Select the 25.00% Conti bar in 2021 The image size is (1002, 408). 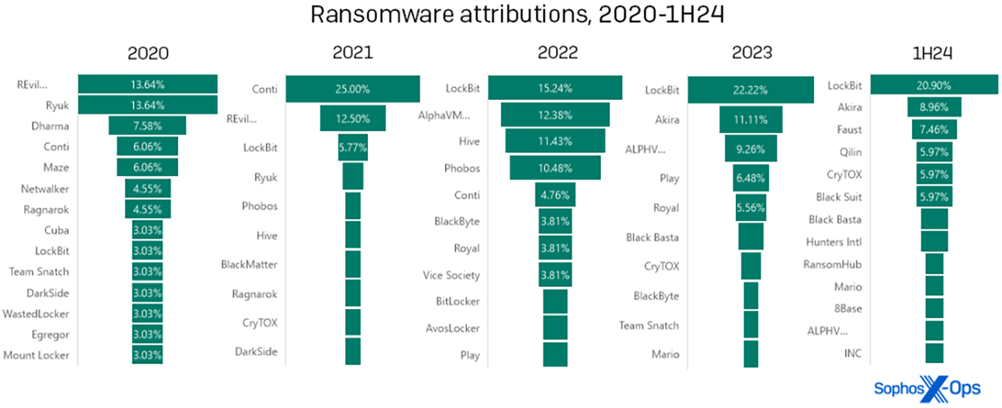(x=352, y=89)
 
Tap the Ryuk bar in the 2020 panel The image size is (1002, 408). (x=148, y=104)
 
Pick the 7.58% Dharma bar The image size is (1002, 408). (x=147, y=126)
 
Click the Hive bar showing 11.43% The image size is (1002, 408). (x=555, y=141)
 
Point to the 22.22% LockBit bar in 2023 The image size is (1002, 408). (x=751, y=89)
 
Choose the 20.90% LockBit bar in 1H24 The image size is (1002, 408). (x=934, y=85)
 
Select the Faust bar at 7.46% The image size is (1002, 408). (x=934, y=130)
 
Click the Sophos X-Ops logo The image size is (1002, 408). (x=927, y=388)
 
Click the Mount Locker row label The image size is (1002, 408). (x=36, y=355)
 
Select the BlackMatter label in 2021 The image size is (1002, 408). (x=249, y=264)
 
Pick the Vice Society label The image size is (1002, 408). (x=451, y=275)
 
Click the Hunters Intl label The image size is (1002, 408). (x=834, y=242)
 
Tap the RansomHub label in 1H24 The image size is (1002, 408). (x=832, y=264)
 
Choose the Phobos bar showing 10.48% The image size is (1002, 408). (x=555, y=168)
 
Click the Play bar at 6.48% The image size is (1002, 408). (x=751, y=177)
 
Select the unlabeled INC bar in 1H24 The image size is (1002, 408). (x=934, y=354)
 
